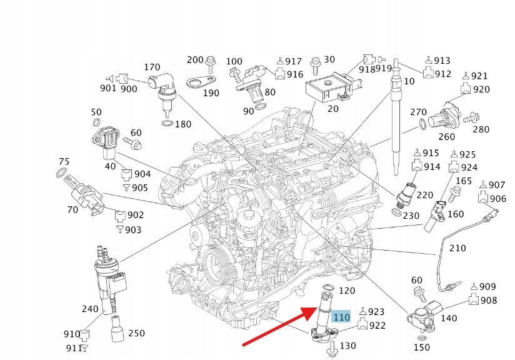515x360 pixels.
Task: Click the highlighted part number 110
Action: click(x=341, y=317)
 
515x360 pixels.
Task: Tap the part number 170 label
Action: click(x=152, y=67)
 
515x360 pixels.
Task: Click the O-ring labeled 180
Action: click(x=166, y=124)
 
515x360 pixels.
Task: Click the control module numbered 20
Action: click(x=326, y=87)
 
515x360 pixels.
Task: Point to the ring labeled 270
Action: click(x=423, y=124)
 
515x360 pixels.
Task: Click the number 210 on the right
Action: click(x=457, y=248)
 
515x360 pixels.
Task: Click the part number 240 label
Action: click(x=90, y=309)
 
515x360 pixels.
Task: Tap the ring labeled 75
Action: click(x=62, y=172)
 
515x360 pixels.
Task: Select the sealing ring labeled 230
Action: click(x=397, y=212)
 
